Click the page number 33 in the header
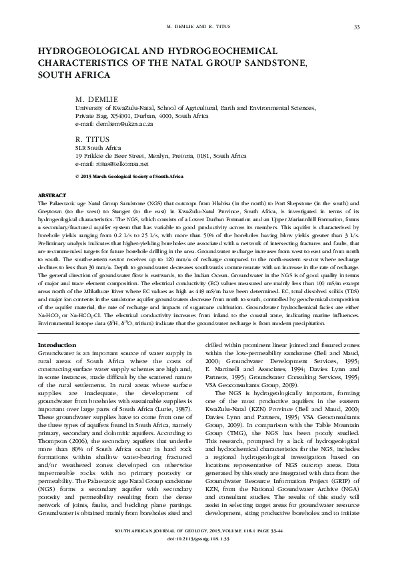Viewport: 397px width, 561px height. [x=357, y=27]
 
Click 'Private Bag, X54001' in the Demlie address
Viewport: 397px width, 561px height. [x=103, y=115]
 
